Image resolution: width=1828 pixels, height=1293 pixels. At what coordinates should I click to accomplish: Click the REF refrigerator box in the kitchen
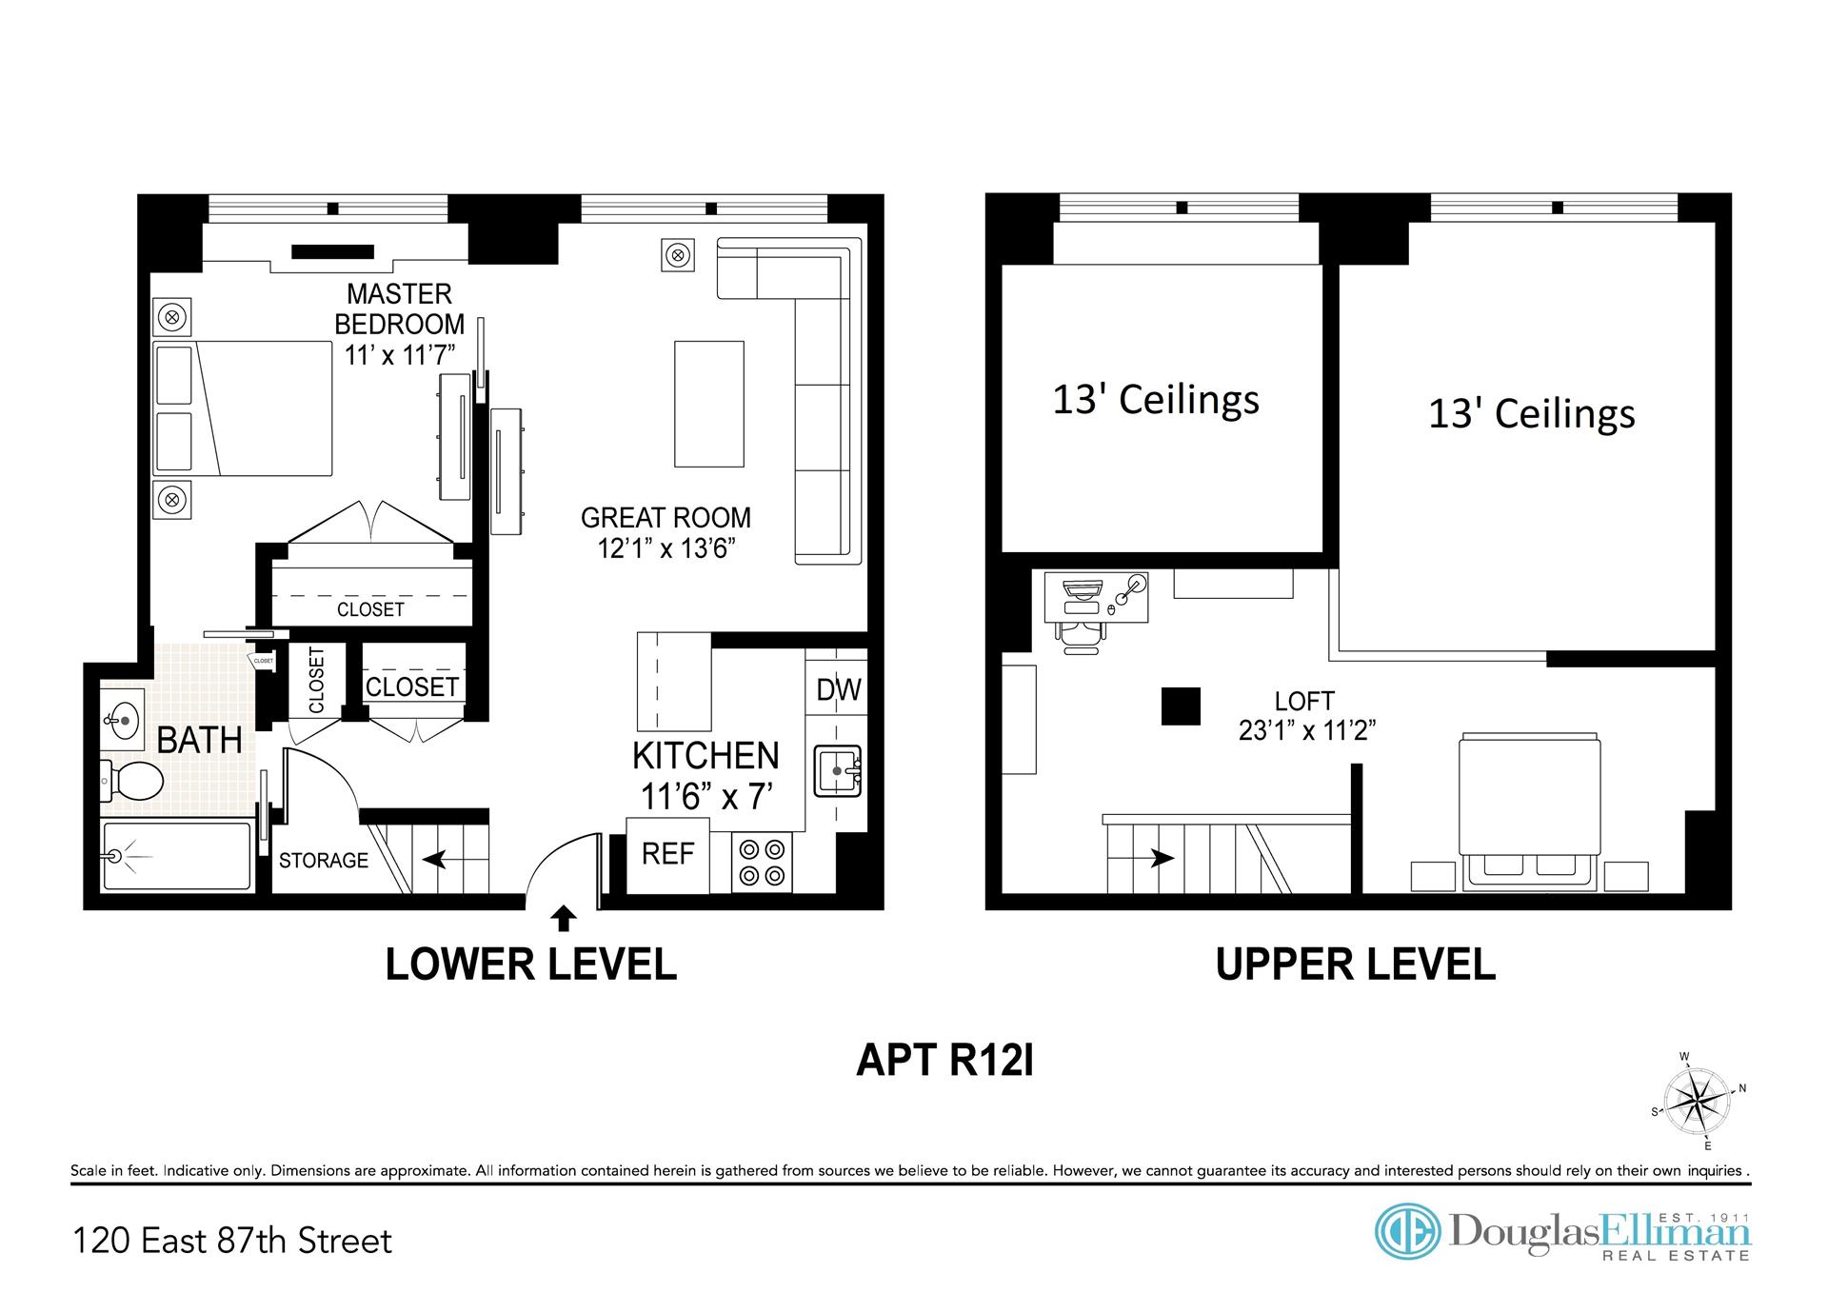tap(667, 855)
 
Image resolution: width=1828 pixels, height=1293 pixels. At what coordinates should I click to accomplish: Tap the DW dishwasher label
tap(839, 689)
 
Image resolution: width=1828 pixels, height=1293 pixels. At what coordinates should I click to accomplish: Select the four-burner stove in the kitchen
tap(763, 862)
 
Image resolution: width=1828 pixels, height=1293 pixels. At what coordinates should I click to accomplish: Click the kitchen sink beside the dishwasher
tap(838, 770)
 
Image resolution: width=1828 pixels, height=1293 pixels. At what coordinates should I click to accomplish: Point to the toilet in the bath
tap(132, 782)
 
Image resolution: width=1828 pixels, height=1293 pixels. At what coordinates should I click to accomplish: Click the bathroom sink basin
tap(123, 719)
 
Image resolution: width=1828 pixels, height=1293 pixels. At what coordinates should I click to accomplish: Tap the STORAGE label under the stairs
tap(324, 861)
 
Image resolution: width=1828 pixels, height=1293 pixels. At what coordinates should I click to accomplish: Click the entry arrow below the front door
tap(564, 918)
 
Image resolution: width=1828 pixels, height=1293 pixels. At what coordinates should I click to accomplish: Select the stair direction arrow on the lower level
tap(435, 860)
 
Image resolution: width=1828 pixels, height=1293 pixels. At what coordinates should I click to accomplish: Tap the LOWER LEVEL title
tap(531, 965)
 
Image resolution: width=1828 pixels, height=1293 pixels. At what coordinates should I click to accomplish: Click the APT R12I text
tap(944, 1060)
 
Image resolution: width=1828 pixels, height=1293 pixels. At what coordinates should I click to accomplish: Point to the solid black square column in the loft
tap(1181, 706)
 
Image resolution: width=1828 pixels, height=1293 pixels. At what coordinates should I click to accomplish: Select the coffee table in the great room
tap(709, 405)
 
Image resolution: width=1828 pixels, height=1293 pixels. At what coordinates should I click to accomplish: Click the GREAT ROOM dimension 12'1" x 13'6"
tap(666, 549)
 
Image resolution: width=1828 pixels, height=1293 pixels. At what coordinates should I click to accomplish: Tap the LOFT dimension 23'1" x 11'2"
tap(1308, 731)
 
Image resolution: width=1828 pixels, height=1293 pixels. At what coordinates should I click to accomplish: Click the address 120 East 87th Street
tap(232, 1242)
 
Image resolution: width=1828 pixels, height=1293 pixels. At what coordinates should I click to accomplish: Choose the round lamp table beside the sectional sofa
tap(677, 255)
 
